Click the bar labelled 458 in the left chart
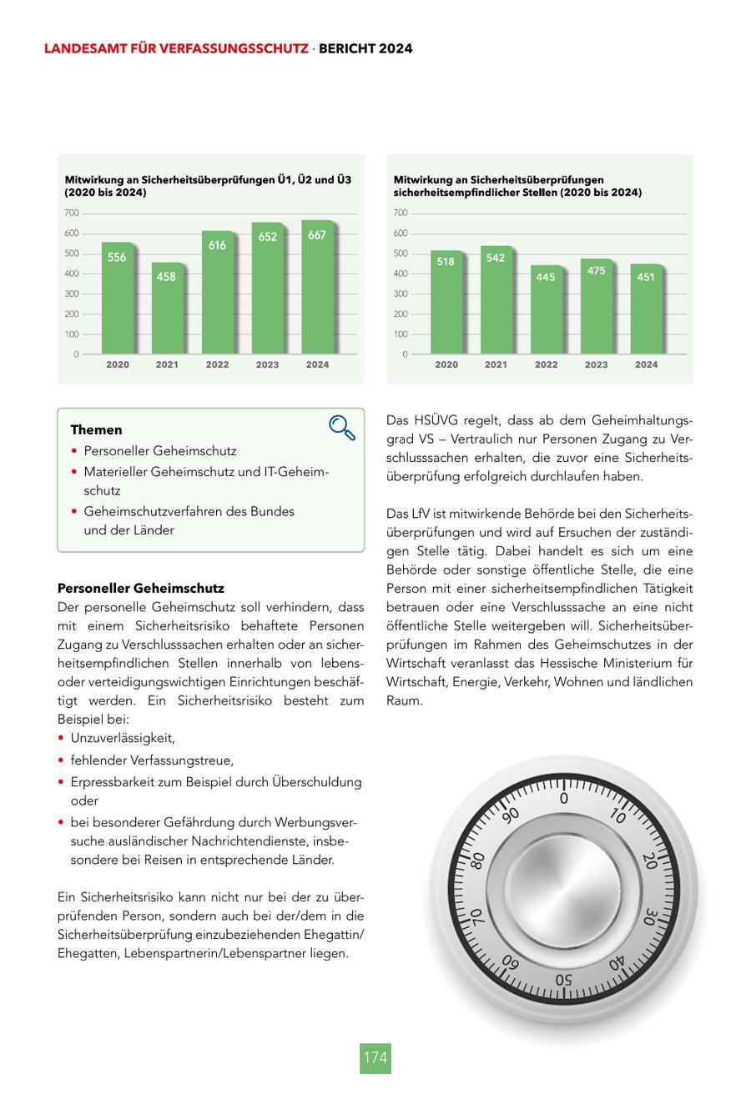(167, 309)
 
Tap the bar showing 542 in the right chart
(496, 300)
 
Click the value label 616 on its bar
(217, 245)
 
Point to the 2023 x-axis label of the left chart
(267, 364)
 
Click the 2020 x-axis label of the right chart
(446, 364)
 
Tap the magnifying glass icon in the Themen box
(342, 427)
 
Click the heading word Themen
(96, 430)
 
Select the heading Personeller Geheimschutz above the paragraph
(140, 589)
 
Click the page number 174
(375, 1057)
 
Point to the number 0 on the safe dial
(564, 799)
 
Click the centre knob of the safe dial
(565, 889)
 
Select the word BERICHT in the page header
(344, 49)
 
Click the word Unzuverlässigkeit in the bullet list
(123, 738)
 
